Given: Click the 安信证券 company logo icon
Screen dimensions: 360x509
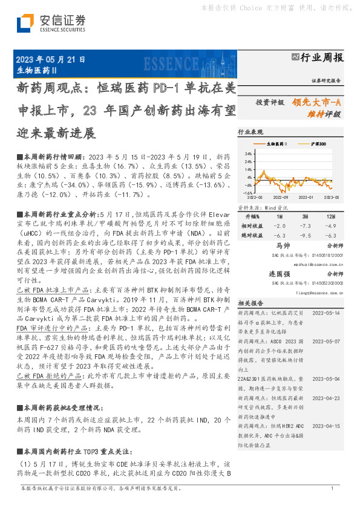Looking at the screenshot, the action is click(25, 22).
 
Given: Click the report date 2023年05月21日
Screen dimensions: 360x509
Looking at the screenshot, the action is click(50, 60).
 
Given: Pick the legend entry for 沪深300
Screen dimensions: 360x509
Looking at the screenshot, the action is click(316, 144).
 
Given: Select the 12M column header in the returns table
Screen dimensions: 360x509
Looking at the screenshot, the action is click(330, 216).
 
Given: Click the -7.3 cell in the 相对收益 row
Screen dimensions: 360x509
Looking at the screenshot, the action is click(305, 225).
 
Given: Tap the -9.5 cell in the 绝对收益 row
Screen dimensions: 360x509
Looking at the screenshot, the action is click(305, 235).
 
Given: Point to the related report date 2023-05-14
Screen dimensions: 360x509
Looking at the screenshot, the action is click(327, 313).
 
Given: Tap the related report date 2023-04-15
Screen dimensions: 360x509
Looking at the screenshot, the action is click(327, 426).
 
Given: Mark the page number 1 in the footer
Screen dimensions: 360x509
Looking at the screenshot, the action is click(332, 488).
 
